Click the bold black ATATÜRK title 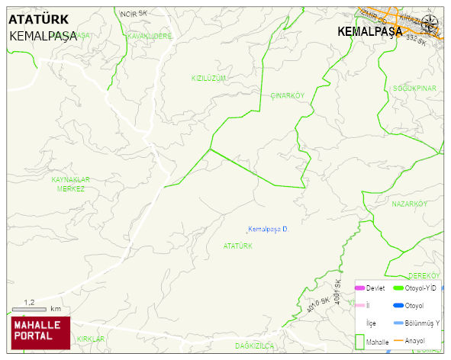tap(43, 20)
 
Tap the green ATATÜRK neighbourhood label tap(238, 246)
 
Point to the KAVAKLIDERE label tap(150, 36)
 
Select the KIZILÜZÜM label tap(209, 79)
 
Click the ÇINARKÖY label tap(288, 95)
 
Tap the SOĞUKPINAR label tap(414, 88)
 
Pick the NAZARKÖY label tap(408, 204)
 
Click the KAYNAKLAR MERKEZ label tap(70, 184)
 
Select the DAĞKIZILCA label tap(254, 346)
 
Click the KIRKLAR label tap(90, 339)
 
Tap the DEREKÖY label tap(424, 275)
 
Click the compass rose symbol tap(430, 23)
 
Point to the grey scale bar tap(30, 310)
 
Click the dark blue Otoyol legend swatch tap(398, 306)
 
